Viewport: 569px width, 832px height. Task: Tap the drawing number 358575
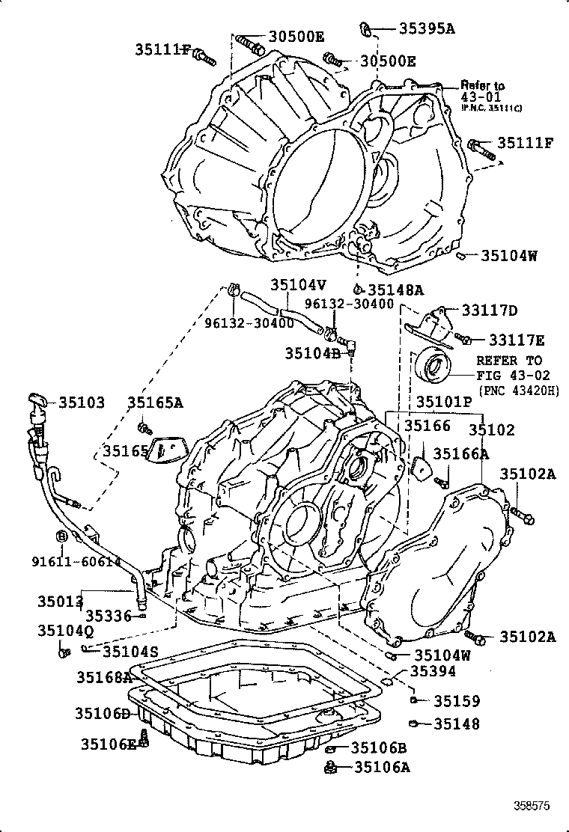tap(532, 806)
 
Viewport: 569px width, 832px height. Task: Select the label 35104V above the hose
tap(299, 285)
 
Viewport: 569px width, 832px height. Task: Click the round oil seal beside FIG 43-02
tap(433, 367)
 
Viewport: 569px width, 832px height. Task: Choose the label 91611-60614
tap(65, 561)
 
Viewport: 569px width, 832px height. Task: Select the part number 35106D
tap(102, 714)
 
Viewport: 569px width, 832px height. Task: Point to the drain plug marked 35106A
tap(329, 766)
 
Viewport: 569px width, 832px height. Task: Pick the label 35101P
tap(444, 402)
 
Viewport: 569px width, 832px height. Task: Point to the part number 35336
tap(108, 615)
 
